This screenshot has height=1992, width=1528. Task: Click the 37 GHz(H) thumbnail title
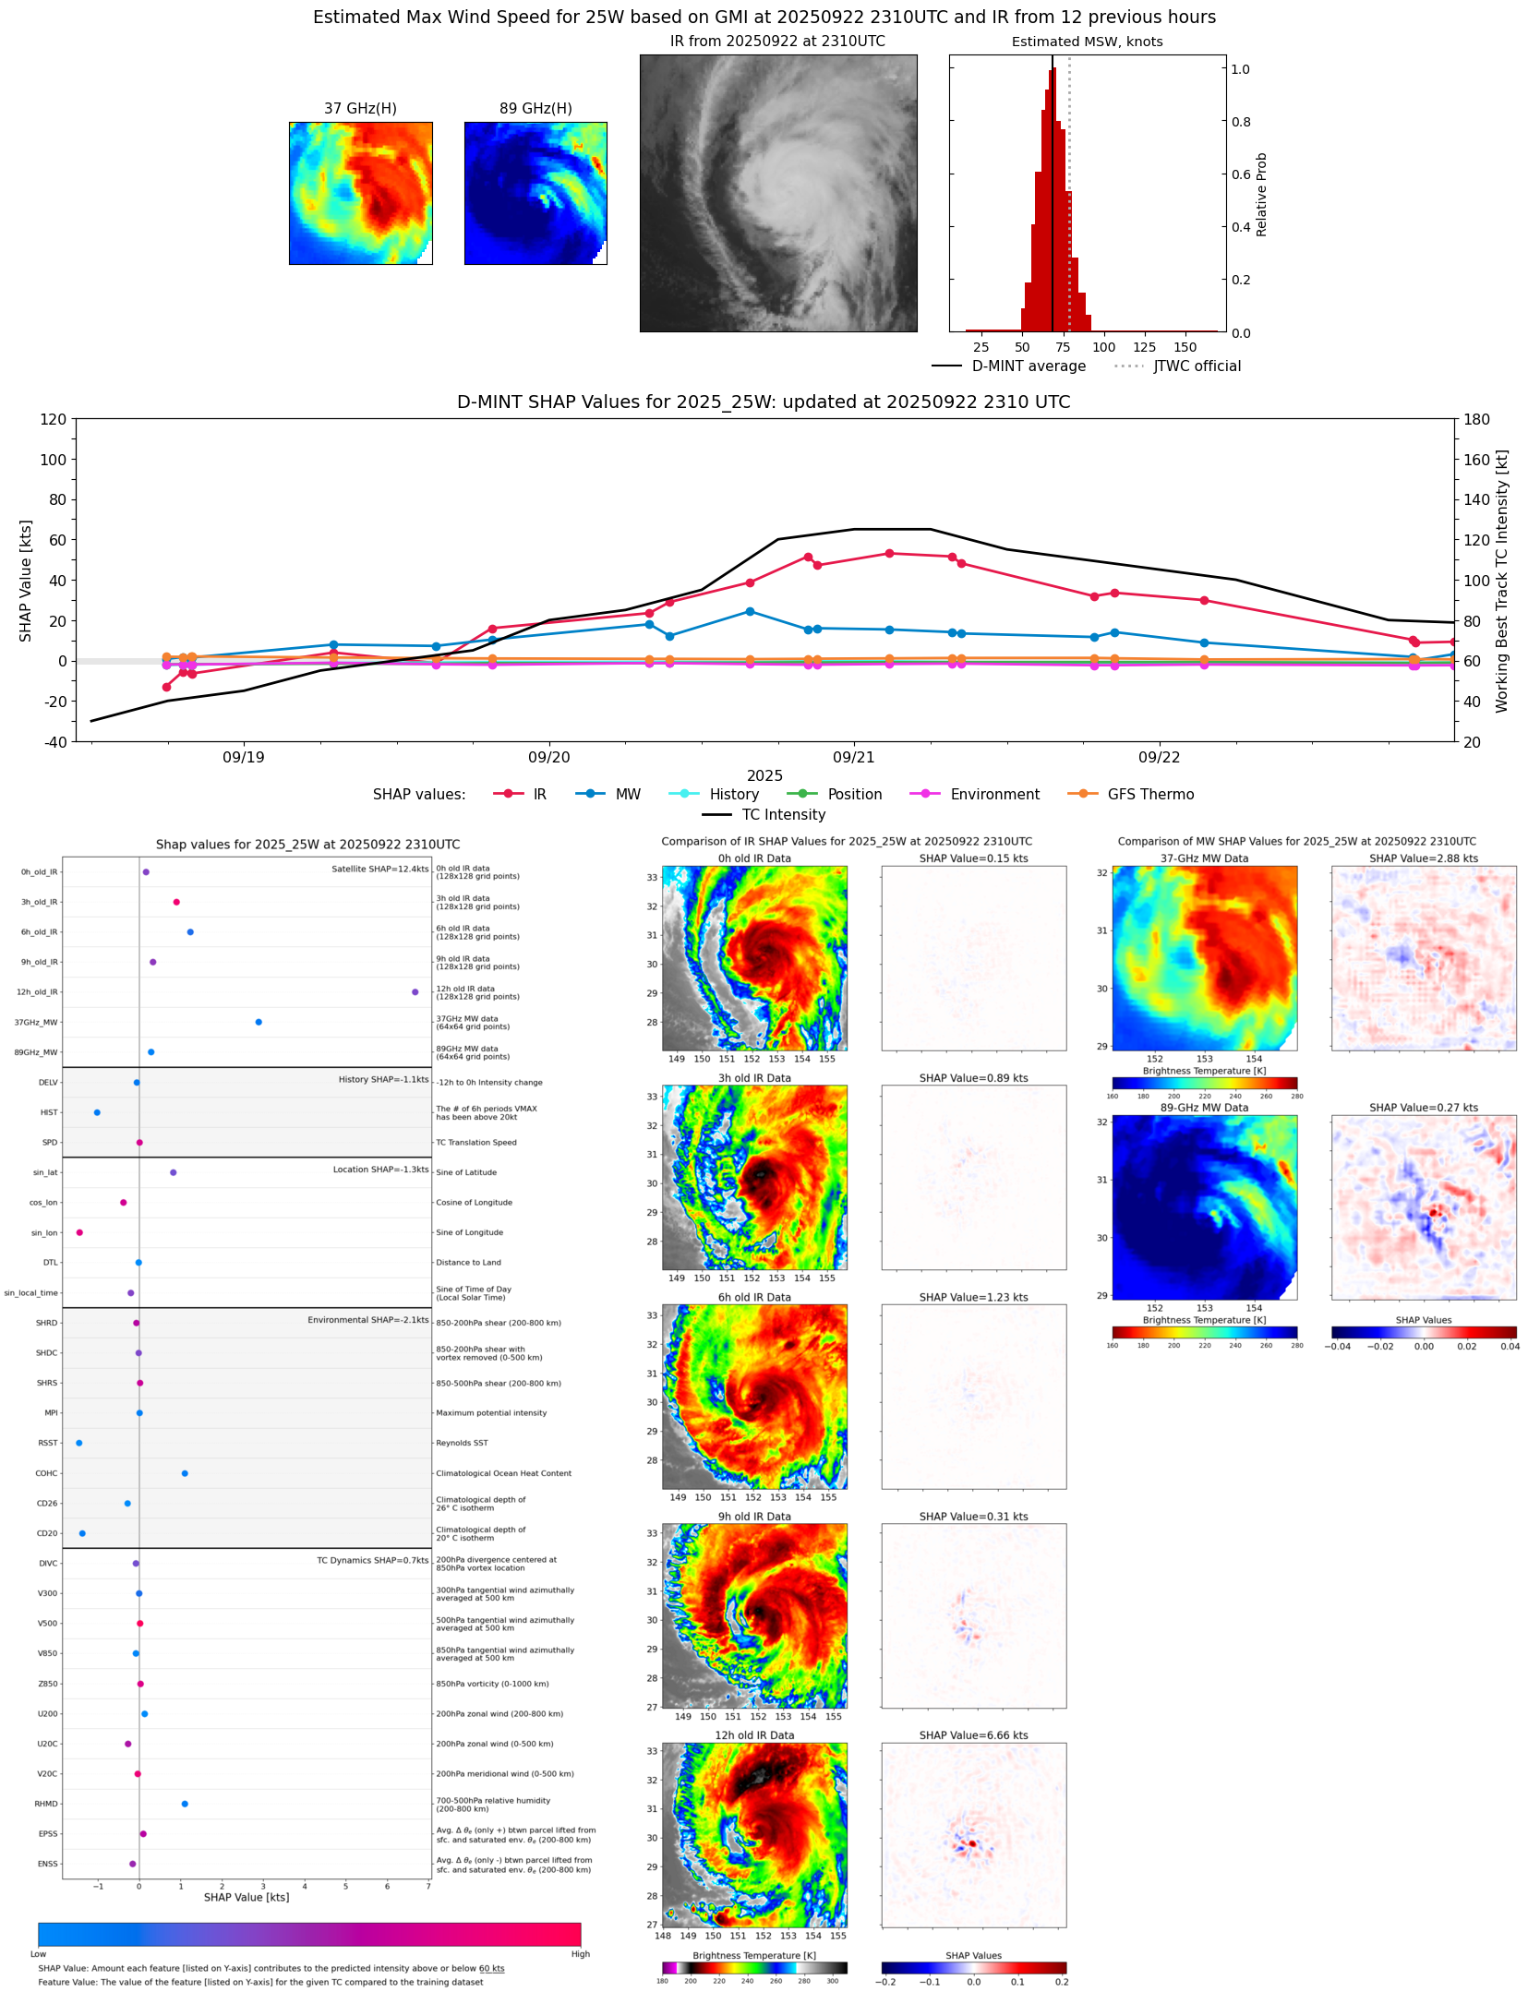[360, 109]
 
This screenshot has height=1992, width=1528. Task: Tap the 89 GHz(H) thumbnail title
[535, 109]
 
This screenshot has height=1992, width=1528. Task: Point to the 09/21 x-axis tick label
[853, 757]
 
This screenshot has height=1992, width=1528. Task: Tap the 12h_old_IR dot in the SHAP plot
[415, 992]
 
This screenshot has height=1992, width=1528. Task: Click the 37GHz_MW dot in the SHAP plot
[259, 1022]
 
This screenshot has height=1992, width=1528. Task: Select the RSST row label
[47, 1443]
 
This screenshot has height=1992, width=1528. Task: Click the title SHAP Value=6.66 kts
[973, 1735]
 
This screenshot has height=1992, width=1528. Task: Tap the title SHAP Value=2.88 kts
[1423, 858]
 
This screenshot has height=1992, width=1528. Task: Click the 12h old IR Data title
[754, 1735]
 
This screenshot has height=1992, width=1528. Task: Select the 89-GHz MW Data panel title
[1204, 1108]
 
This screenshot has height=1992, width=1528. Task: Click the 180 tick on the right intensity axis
[1476, 419]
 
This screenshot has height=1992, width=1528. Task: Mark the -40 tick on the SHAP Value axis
[54, 741]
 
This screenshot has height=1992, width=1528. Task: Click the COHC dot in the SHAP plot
[185, 1473]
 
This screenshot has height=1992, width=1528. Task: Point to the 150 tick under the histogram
[1185, 347]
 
